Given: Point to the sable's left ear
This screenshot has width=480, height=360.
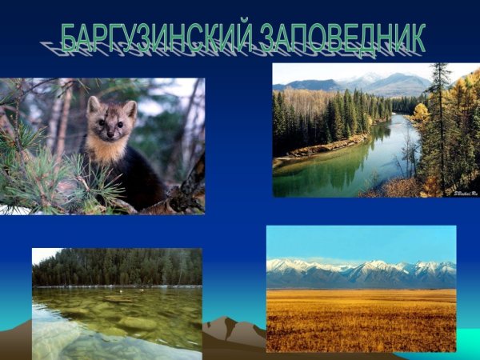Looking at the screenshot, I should click(129, 107).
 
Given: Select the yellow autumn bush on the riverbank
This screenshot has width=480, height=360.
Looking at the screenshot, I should click(421, 112).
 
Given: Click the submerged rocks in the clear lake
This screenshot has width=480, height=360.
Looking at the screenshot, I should click(120, 320).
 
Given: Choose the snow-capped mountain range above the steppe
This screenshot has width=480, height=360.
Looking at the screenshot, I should click(360, 272).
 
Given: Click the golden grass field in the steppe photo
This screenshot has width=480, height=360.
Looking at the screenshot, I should click(360, 320).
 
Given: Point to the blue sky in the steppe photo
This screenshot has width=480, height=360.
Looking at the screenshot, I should click(360, 240).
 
